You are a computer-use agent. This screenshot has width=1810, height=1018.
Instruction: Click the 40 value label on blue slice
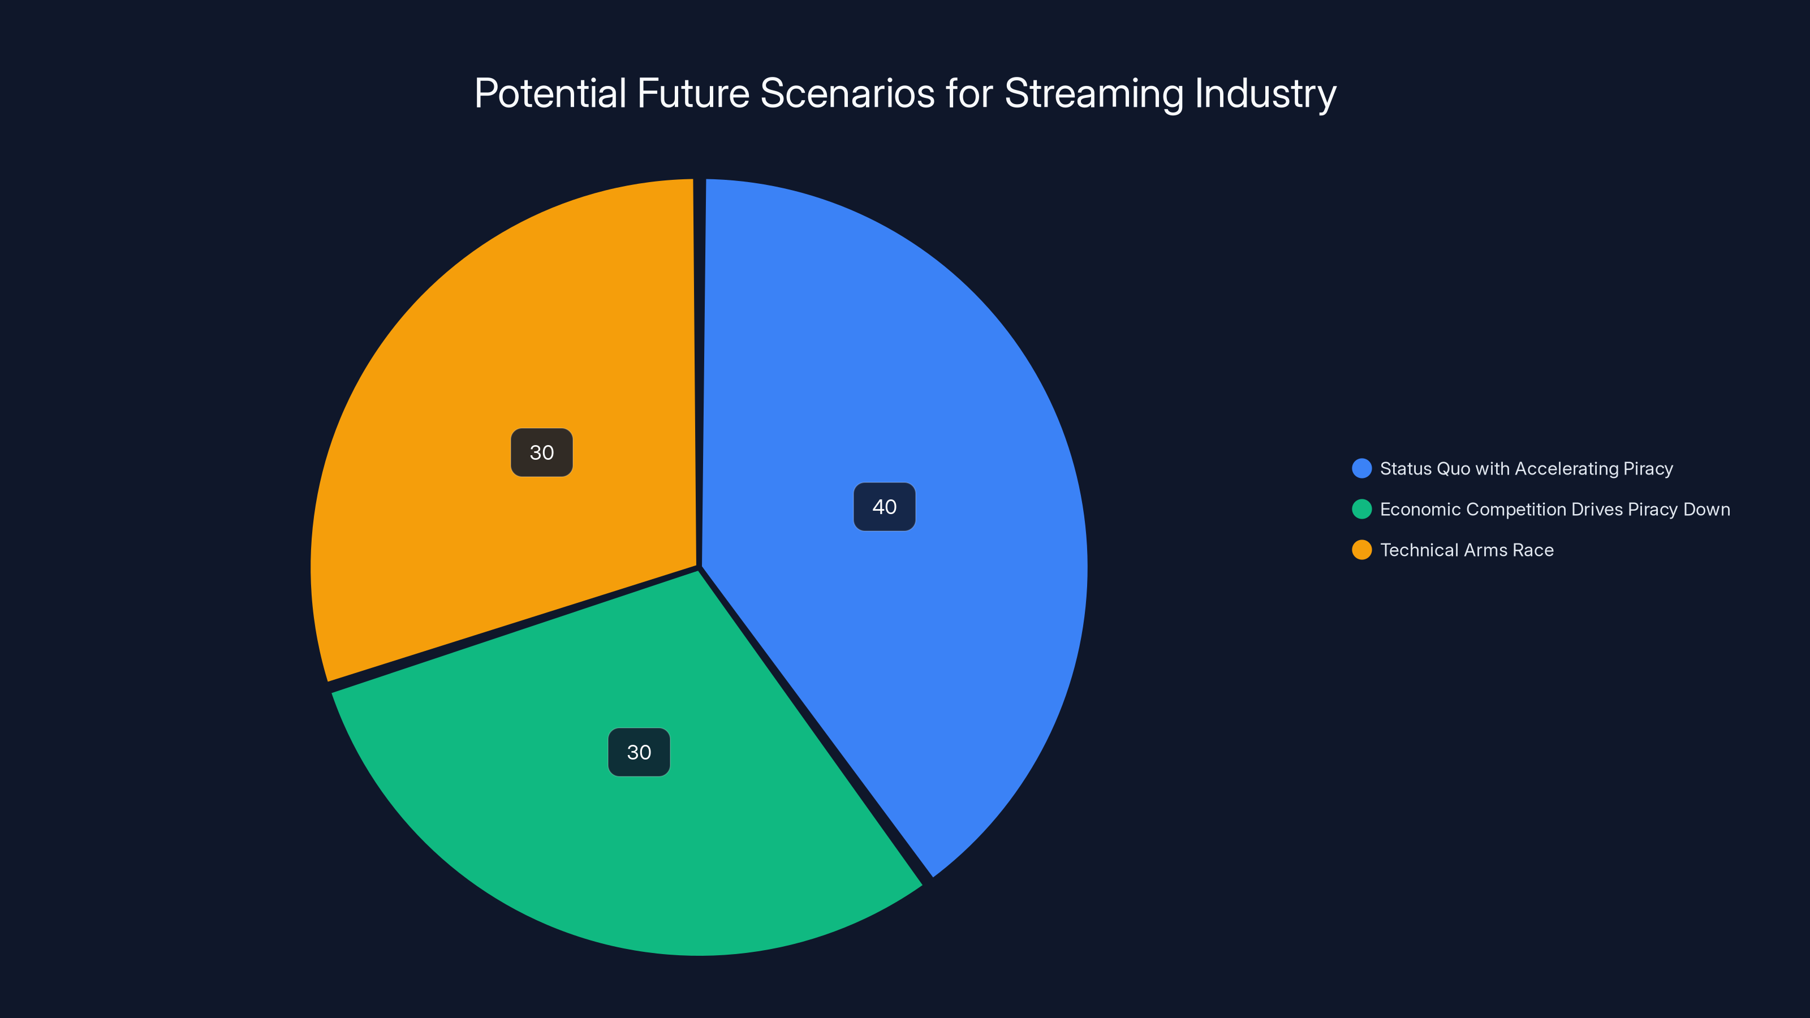tap(884, 507)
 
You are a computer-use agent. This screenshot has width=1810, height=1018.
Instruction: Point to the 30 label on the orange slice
tap(542, 452)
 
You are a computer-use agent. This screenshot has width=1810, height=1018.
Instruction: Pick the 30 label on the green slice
tap(639, 752)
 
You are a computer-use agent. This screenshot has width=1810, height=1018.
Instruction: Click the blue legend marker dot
tap(1361, 469)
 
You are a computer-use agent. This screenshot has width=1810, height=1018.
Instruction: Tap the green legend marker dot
tap(1361, 510)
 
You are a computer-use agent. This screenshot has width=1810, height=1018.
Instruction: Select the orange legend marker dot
tap(1361, 550)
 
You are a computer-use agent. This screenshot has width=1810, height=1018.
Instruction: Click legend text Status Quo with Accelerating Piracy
tap(1526, 469)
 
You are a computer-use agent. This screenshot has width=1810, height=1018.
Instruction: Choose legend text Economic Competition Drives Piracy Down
tap(1554, 510)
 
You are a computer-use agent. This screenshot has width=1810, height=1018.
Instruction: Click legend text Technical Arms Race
tap(1467, 550)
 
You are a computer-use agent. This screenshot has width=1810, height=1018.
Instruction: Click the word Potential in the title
tap(550, 93)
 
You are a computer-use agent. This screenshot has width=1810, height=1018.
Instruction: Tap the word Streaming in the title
tap(1094, 93)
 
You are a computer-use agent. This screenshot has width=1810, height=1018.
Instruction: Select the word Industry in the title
tap(1265, 93)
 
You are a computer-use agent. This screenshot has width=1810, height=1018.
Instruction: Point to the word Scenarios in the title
tap(847, 93)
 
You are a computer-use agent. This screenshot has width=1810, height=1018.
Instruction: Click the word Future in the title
tap(693, 93)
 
